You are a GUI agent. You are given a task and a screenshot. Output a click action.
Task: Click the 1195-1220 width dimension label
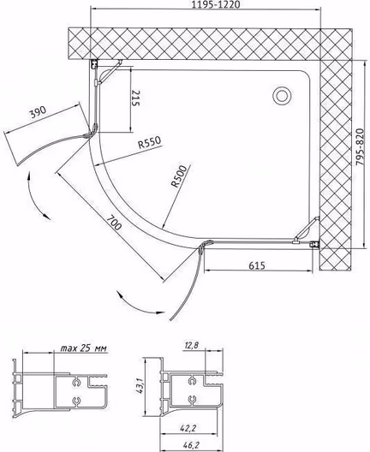[217, 4]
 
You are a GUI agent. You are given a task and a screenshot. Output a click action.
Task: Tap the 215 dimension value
[135, 98]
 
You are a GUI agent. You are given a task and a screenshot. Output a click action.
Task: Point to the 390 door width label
[38, 112]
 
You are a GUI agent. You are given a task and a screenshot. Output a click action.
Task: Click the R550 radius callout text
[149, 142]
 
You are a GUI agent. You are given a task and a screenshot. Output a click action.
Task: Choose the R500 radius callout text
[179, 175]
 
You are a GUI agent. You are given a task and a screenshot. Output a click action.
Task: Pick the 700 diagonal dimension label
[114, 223]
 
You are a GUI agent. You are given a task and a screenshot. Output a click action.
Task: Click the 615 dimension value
[257, 265]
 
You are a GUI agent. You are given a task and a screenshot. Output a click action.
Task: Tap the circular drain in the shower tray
[282, 96]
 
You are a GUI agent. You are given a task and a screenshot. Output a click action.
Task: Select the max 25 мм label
[83, 348]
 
